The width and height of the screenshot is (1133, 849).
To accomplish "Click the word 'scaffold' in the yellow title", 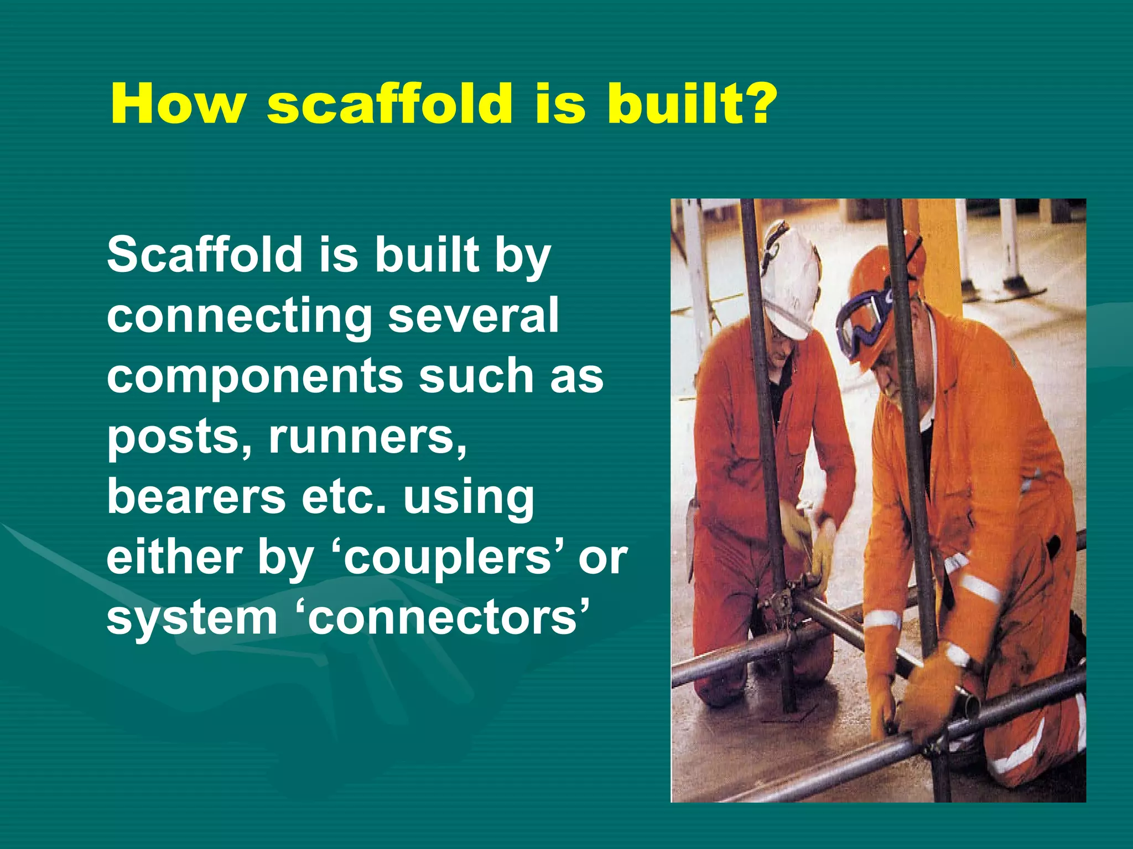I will [x=389, y=104].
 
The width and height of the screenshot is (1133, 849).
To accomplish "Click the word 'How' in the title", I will [x=177, y=104].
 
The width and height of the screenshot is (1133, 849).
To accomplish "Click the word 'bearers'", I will [x=196, y=496].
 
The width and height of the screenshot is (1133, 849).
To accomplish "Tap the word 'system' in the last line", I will [x=191, y=618].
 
